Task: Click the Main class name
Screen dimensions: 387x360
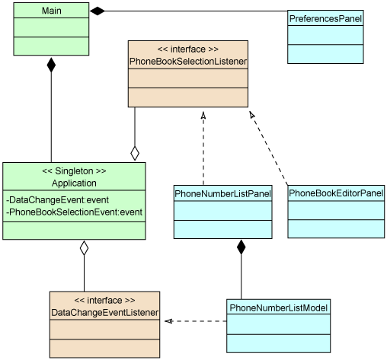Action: pos(52,11)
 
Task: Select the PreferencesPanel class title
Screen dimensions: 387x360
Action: pos(325,18)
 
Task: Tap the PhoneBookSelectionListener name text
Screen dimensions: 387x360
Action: pos(188,62)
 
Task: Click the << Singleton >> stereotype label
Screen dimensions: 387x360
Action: pos(74,171)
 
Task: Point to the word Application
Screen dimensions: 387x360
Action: pos(74,183)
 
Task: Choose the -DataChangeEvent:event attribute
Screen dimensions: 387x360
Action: pos(58,200)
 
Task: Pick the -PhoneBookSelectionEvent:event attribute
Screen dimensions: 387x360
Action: pos(74,212)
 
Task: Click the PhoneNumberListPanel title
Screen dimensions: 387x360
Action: pos(223,194)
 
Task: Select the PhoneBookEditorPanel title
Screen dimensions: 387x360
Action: pos(336,193)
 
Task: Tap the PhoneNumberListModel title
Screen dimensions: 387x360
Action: pos(279,307)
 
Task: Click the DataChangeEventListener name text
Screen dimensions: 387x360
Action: pos(105,313)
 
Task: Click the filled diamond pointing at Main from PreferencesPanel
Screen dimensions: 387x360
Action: pos(98,11)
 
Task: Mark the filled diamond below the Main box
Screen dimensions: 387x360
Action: pos(51,65)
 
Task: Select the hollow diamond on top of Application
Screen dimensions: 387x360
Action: pos(135,154)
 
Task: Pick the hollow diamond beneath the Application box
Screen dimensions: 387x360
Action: pos(84,248)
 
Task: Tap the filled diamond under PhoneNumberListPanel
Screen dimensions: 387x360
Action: pos(241,247)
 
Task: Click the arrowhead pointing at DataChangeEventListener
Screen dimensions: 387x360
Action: pos(168,321)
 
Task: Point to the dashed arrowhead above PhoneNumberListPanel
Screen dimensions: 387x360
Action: pos(203,115)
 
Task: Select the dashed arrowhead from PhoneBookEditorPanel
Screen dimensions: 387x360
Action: pos(252,115)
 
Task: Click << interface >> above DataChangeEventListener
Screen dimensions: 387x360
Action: pos(105,301)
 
